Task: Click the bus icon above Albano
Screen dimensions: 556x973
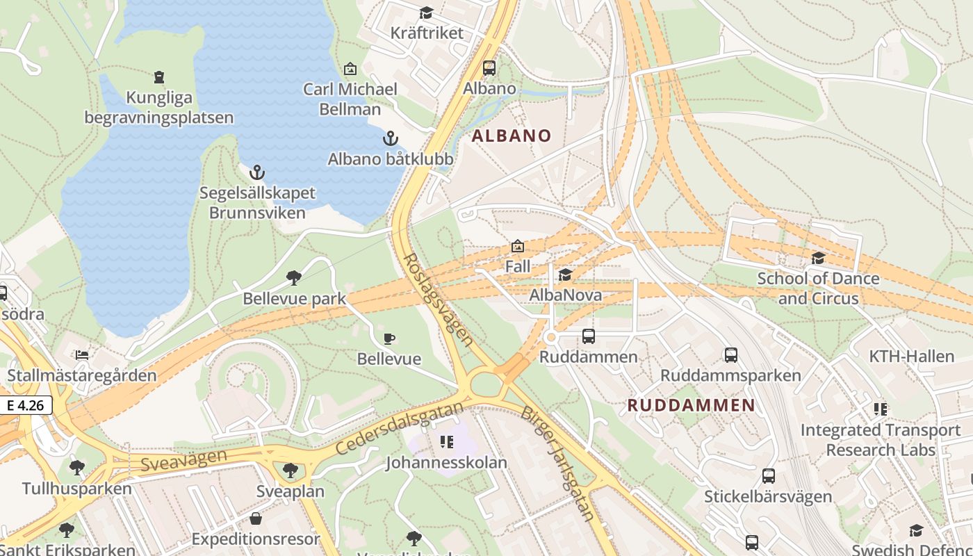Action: point(489,68)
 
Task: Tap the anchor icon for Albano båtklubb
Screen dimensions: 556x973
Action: point(391,138)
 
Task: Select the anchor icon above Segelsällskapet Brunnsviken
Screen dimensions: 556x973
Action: point(258,172)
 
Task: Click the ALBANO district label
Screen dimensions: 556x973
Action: point(512,136)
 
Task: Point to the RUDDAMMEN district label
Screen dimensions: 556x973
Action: point(691,405)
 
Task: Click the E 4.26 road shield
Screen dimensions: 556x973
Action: point(26,405)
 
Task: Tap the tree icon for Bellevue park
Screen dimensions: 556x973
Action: point(294,278)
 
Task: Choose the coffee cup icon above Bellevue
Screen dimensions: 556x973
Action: point(389,338)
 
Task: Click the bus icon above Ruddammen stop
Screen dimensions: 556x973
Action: point(589,336)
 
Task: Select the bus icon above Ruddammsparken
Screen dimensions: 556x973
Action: point(730,355)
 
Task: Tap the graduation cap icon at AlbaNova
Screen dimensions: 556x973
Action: point(565,275)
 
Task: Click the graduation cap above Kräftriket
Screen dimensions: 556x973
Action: point(426,13)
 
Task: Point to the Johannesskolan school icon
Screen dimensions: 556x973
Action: point(447,441)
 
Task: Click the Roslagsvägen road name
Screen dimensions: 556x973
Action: point(439,300)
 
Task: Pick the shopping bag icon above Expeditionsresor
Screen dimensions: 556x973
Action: point(256,518)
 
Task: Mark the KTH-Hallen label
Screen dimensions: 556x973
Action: point(912,357)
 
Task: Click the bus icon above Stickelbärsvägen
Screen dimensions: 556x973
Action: point(768,476)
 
